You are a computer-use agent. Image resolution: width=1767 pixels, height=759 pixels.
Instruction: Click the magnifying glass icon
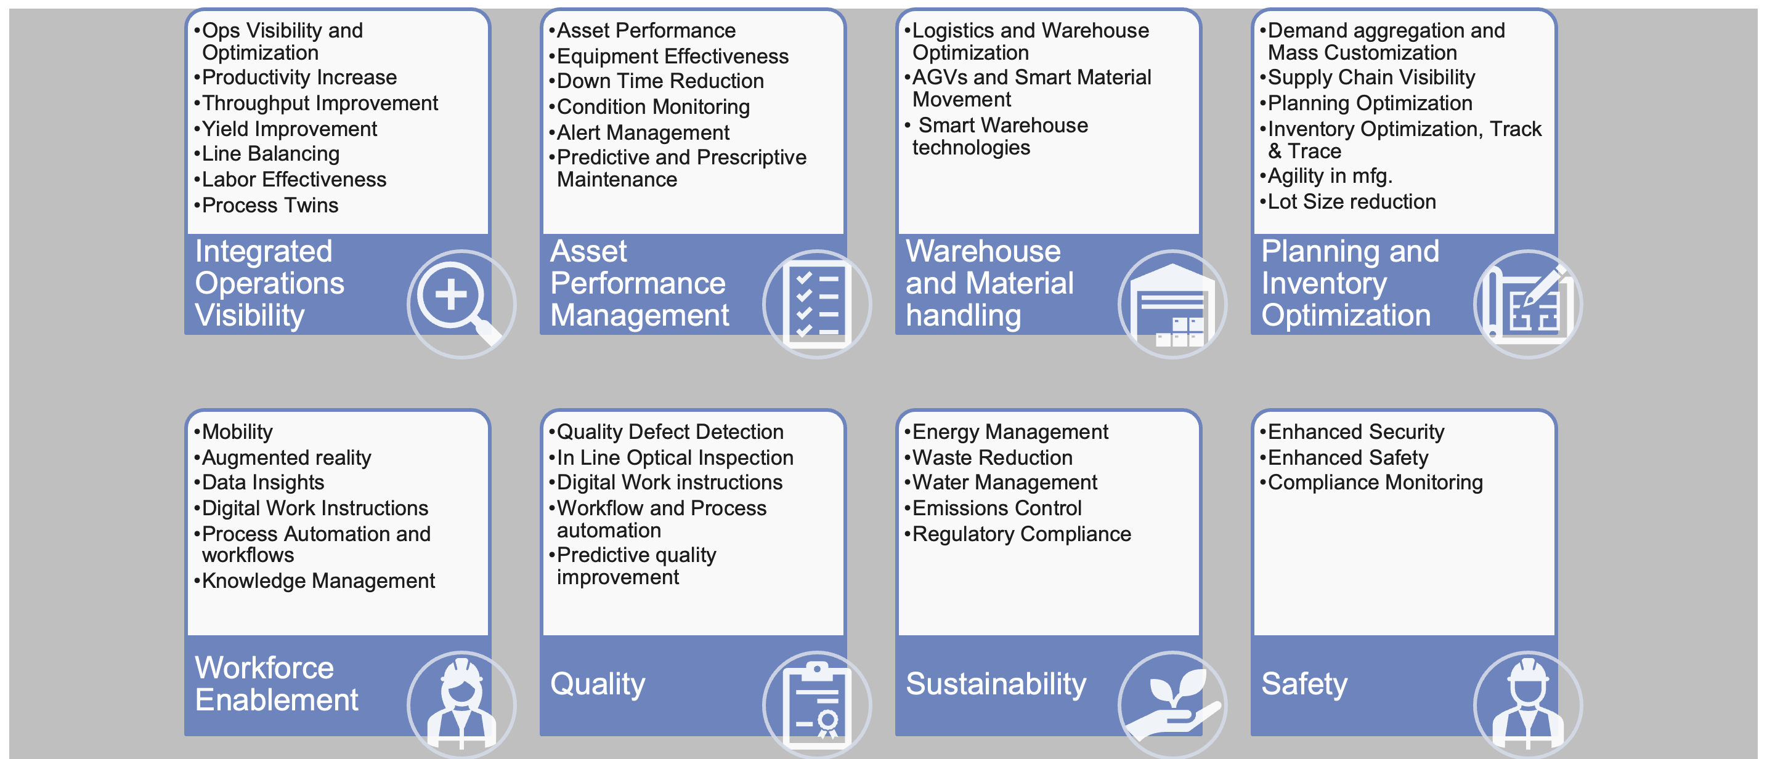point(461,303)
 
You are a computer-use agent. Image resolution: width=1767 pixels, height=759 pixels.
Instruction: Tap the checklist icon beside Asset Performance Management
point(816,303)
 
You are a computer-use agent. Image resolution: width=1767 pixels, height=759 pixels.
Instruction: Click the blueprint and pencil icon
point(1527,303)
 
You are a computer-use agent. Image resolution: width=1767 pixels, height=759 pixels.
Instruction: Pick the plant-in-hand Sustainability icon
point(1172,705)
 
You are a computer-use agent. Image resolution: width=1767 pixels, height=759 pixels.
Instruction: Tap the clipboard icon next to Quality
point(816,705)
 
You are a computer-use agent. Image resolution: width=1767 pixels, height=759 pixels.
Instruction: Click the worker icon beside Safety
point(1527,705)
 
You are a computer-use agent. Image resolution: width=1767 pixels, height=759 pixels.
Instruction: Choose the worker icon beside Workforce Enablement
point(461,705)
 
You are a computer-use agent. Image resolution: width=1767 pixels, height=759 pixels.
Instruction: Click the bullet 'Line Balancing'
point(270,153)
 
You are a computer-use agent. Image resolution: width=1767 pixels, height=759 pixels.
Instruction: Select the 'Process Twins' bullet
point(270,205)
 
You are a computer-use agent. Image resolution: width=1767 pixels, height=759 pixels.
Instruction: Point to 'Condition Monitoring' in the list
point(652,107)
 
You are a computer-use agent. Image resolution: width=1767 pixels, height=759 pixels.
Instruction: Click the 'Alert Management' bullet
point(643,132)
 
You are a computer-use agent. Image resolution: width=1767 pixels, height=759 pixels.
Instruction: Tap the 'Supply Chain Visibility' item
point(1370,78)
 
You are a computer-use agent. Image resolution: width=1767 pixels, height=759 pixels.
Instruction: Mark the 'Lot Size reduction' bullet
point(1351,201)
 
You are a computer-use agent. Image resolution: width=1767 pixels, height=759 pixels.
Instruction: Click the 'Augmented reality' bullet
point(286,457)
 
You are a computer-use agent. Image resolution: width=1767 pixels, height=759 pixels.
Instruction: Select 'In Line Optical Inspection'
point(674,457)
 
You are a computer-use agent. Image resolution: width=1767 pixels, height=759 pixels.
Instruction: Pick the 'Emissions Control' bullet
point(996,508)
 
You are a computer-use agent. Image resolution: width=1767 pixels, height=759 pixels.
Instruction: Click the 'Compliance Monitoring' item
point(1375,483)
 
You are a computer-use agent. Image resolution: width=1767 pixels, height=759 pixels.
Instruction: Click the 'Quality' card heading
point(598,683)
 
